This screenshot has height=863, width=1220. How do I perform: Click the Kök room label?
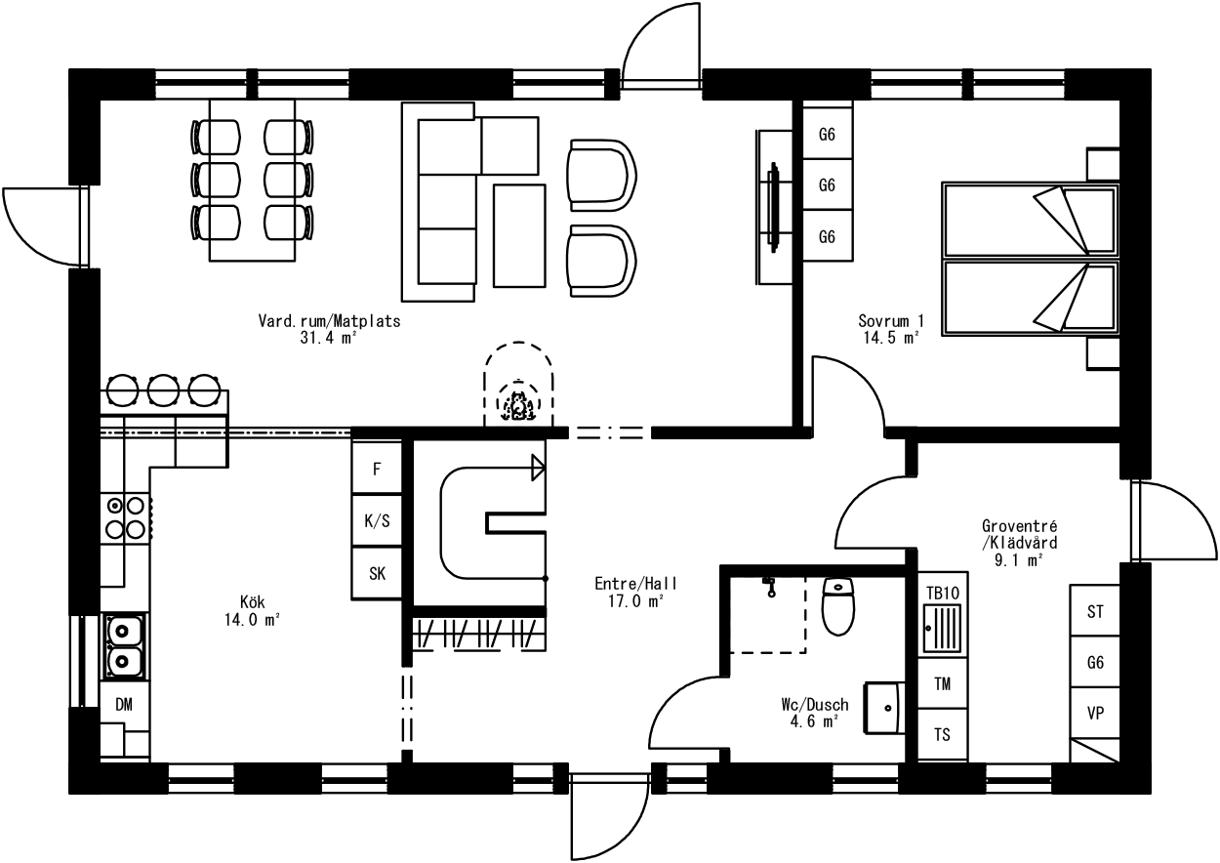(253, 602)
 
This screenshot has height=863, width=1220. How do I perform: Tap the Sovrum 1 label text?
(891, 320)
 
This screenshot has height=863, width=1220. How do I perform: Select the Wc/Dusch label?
(815, 705)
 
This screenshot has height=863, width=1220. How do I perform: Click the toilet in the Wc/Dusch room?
(838, 606)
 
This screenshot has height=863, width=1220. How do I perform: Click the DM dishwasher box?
(124, 705)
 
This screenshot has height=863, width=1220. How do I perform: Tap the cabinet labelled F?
(377, 469)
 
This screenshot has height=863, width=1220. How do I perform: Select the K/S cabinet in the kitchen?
(377, 521)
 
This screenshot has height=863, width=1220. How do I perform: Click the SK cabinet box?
(377, 573)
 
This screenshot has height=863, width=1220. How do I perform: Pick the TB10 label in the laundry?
(943, 593)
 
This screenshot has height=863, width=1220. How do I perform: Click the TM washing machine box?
(943, 683)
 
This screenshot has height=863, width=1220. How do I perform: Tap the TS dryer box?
(943, 734)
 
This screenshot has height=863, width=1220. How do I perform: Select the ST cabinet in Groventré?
(1095, 611)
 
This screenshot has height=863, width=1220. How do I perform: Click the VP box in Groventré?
(1095, 714)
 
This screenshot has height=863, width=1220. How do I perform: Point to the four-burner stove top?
(125, 517)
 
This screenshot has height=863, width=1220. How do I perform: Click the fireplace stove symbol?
(518, 405)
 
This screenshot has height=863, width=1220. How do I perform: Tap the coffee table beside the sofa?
(519, 235)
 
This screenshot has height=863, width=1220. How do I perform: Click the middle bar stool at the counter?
(163, 390)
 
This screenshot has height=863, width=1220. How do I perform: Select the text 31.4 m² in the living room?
(328, 338)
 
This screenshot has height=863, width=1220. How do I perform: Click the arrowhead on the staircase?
(539, 468)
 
